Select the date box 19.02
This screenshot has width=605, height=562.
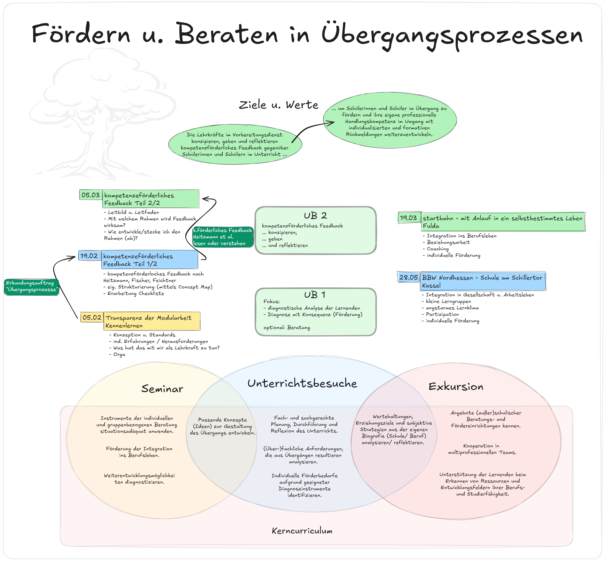pyautogui.click(x=89, y=256)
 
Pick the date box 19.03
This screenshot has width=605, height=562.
pyautogui.click(x=408, y=218)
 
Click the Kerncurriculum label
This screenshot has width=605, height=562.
pyautogui.click(x=302, y=531)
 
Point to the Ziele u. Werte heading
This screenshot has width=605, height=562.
pyautogui.click(x=278, y=105)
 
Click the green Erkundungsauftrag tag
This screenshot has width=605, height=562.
pyautogui.click(x=31, y=286)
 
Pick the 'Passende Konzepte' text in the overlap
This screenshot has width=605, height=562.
pyautogui.click(x=222, y=426)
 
